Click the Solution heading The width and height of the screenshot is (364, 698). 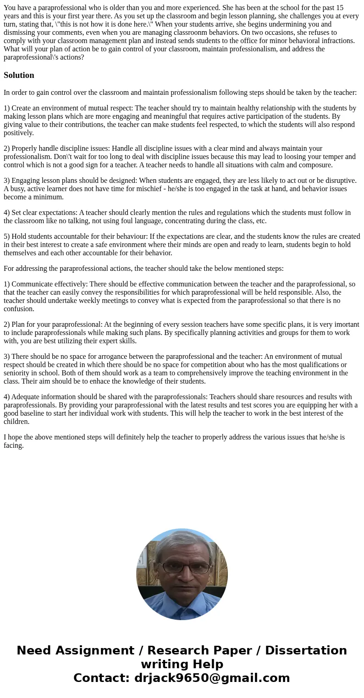19,75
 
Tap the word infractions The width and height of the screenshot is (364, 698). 337,41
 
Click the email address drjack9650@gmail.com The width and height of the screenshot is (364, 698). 212,678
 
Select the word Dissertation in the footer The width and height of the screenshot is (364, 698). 306,651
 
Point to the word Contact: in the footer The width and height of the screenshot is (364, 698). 102,678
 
